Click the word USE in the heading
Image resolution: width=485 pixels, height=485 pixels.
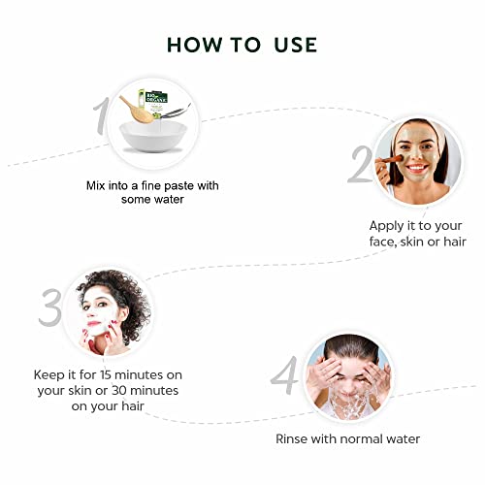(296, 45)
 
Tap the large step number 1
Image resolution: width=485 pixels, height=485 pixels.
(102, 116)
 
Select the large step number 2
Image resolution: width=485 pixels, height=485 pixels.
(361, 164)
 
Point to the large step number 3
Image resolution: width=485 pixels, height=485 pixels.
(50, 307)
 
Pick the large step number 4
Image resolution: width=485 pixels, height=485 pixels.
(284, 375)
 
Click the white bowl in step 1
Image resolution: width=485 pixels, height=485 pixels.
(153, 137)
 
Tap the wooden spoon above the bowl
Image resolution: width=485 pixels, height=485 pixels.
(136, 110)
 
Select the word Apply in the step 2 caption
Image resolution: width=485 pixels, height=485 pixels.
(387, 226)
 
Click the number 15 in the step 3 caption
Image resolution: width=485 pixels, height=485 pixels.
(106, 375)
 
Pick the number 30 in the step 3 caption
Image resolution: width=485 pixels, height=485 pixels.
(119, 391)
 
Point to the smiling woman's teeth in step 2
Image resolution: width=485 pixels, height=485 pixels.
(417, 167)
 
